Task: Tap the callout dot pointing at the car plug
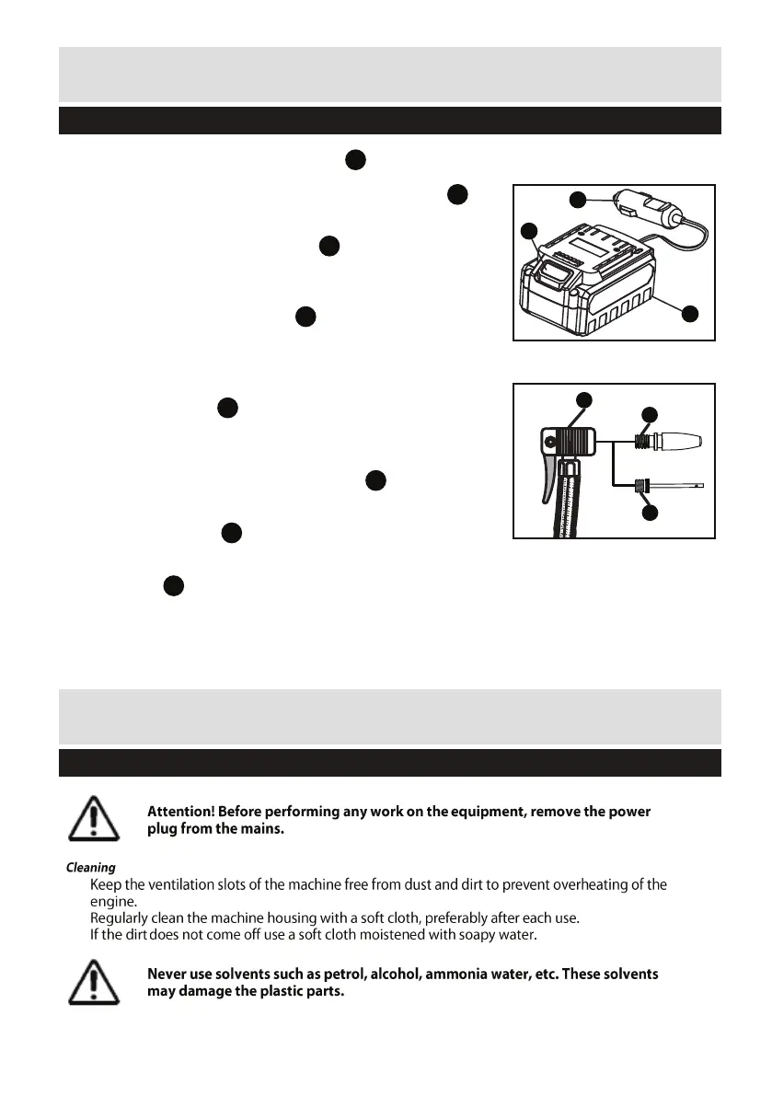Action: [577, 199]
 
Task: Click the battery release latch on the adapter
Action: [554, 271]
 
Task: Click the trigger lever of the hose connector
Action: [551, 476]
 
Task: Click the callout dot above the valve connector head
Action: [583, 398]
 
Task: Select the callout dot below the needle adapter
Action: [650, 513]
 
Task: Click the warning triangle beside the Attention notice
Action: [93, 818]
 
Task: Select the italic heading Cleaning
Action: [90, 867]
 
